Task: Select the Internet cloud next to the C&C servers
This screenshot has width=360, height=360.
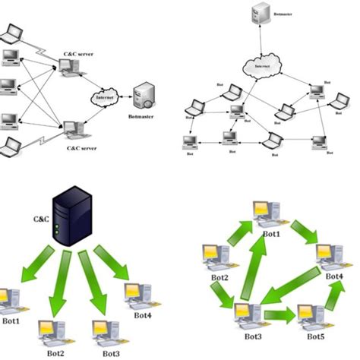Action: [x=104, y=96]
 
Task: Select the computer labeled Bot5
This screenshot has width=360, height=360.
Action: [x=311, y=315]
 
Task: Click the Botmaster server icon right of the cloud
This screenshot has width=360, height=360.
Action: [x=144, y=97]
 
